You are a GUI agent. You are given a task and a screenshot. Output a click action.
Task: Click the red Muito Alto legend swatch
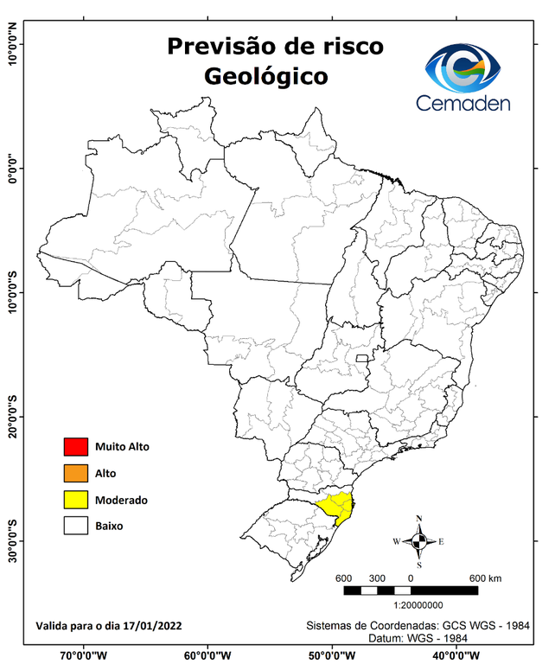tap(76, 447)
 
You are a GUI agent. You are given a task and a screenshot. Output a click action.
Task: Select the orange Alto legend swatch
tap(76, 473)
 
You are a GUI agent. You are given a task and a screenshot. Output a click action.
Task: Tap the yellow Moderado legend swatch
tap(76, 500)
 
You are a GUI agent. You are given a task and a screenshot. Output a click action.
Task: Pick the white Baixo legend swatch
tap(76, 526)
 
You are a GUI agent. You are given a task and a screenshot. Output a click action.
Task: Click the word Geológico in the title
tap(266, 76)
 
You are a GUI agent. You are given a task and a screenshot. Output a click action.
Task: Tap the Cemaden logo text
tap(463, 103)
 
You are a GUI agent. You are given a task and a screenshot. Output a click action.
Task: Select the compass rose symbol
tap(418, 542)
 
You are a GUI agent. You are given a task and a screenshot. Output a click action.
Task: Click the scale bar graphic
tap(411, 591)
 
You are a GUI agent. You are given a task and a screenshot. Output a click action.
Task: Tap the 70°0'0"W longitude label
tap(84, 654)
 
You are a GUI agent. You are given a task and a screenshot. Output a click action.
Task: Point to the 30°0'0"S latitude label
tap(13, 541)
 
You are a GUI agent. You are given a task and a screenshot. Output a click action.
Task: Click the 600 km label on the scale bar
tap(485, 578)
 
